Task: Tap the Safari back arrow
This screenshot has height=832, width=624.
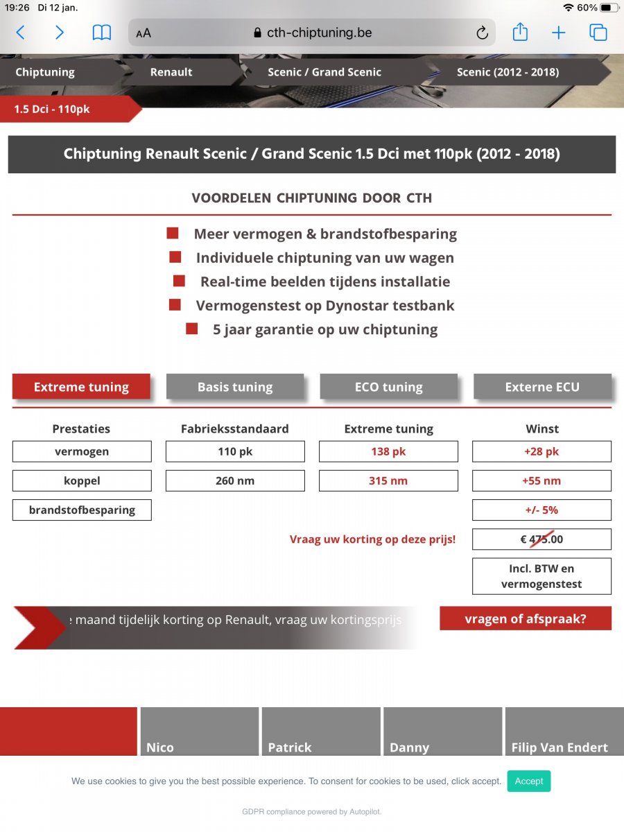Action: [20, 33]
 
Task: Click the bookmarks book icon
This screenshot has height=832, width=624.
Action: [102, 33]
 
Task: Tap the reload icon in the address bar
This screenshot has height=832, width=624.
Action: [482, 33]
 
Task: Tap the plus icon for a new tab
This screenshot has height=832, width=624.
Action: [559, 33]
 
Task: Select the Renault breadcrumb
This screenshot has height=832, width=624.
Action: [171, 72]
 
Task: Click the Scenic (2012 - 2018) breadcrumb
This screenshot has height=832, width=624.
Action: [508, 72]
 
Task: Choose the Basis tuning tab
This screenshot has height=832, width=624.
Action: [235, 387]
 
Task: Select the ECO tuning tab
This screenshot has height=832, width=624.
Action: [388, 387]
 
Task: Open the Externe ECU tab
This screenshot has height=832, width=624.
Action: [542, 387]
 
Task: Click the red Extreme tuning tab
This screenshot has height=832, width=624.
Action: [81, 387]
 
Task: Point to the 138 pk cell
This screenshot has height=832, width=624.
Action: [388, 451]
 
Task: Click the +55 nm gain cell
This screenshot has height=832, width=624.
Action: [542, 480]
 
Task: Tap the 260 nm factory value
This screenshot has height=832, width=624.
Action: [235, 480]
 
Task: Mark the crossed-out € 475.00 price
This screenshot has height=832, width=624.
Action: [542, 539]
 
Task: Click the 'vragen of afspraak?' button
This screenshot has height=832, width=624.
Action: [526, 618]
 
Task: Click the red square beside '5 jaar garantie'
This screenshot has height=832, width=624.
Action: [192, 329]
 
